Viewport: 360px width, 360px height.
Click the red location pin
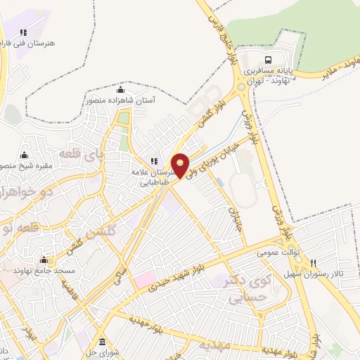point(181,165)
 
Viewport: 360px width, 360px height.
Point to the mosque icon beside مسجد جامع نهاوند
point(44,259)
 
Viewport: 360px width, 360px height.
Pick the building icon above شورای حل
point(102,342)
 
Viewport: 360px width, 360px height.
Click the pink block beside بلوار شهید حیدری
point(147,279)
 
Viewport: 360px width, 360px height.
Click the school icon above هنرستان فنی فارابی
point(23,32)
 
